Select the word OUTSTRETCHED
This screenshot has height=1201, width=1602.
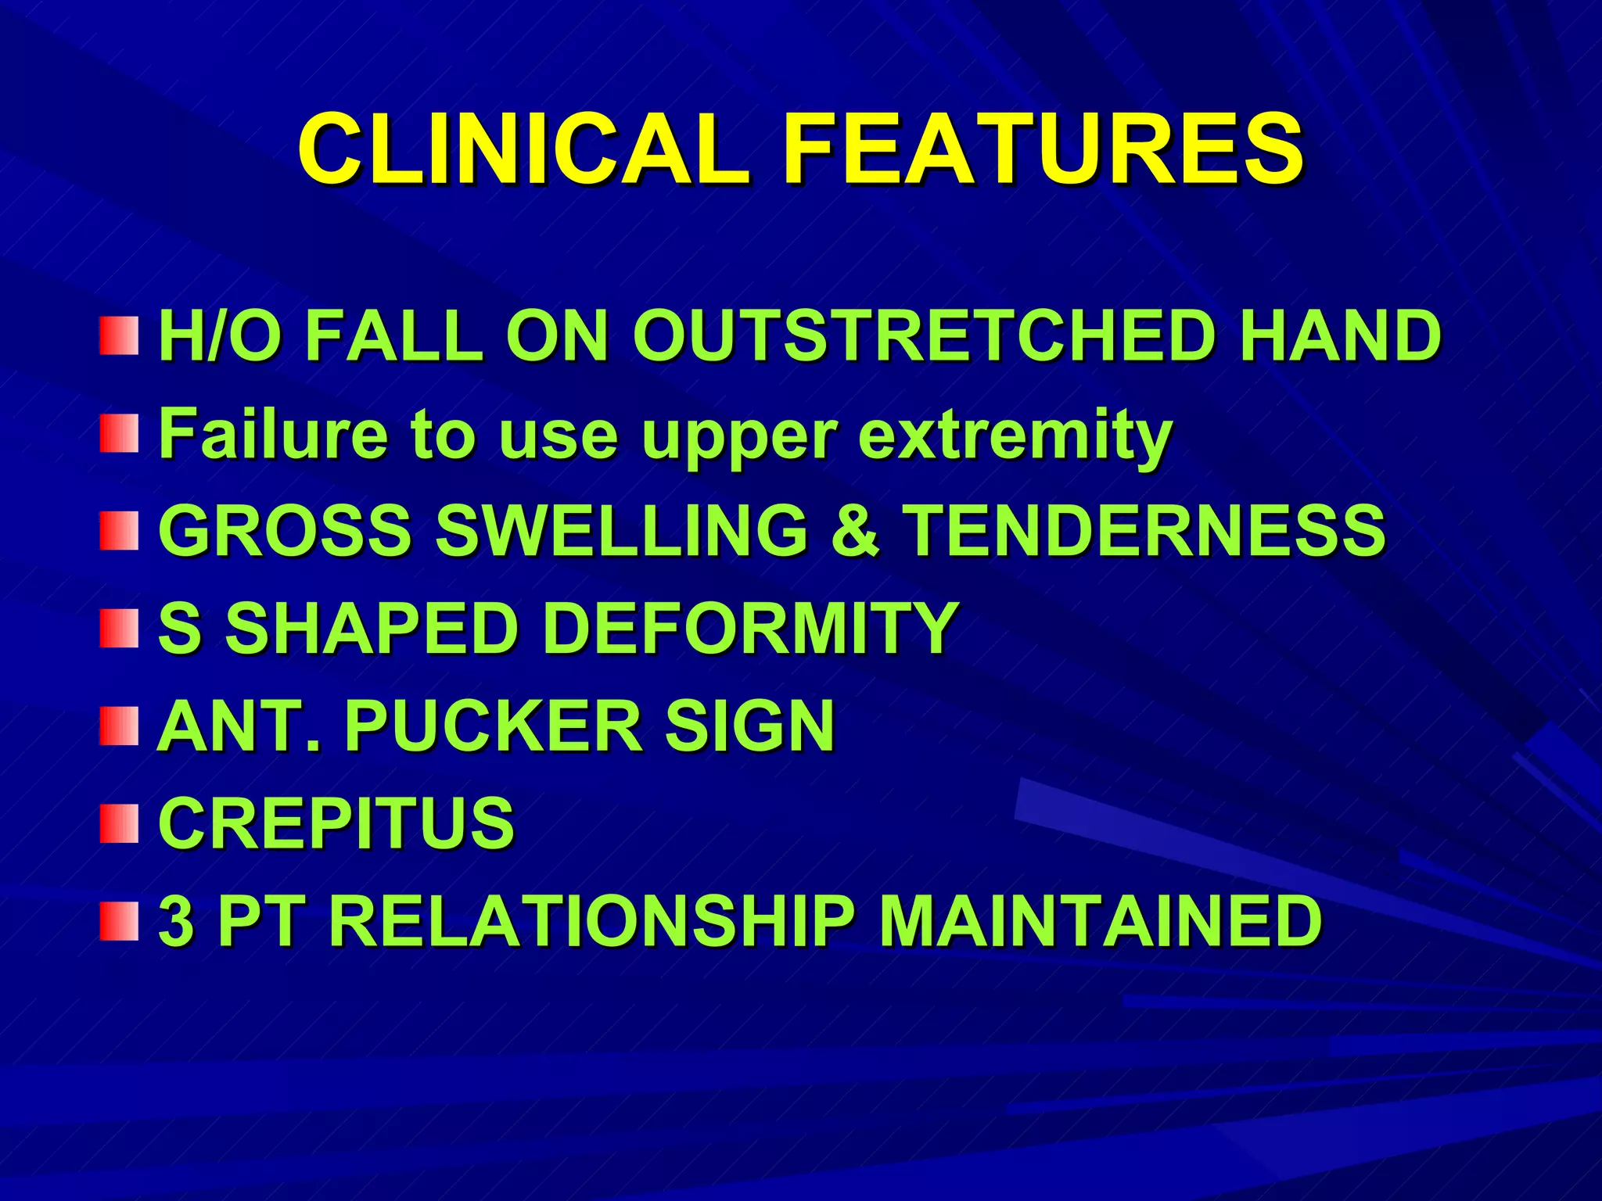pyautogui.click(x=921, y=335)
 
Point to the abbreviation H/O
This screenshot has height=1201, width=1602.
pyautogui.click(x=218, y=335)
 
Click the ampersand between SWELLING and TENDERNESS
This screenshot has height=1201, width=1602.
pyautogui.click(x=855, y=530)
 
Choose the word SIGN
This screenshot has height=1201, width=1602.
pyautogui.click(x=749, y=726)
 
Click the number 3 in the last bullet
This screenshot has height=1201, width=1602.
pyautogui.click(x=175, y=920)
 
